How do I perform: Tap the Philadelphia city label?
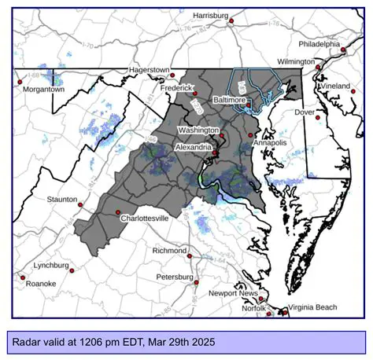pos(319,44)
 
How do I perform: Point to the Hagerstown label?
pos(149,69)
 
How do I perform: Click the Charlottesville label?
pos(143,218)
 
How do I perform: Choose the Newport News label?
pos(234,293)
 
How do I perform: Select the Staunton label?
pos(62,200)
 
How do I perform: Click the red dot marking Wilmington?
pos(318,68)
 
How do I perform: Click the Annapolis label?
pos(269,143)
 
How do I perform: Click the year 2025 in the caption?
pos(200,342)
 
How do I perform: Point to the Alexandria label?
pos(193,147)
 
